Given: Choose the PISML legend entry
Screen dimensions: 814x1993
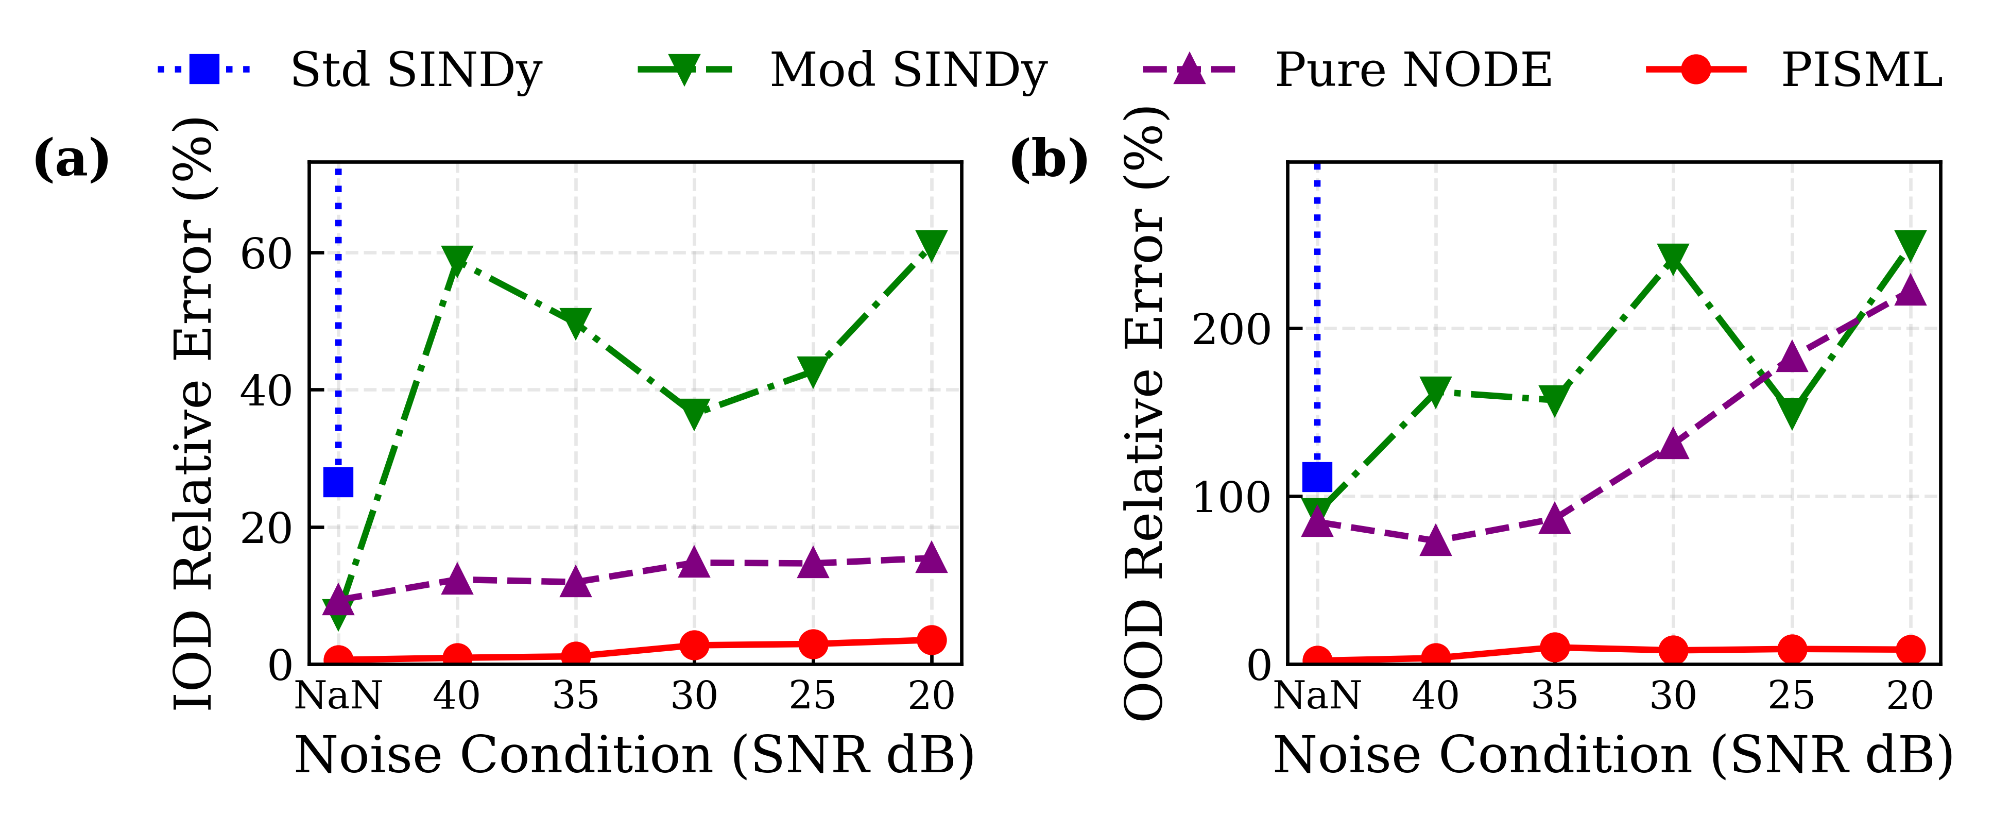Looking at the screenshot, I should point(1795,70).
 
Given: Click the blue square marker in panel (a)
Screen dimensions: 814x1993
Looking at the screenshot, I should point(338,482).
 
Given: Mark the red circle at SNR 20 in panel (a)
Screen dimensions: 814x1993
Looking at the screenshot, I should point(931,640).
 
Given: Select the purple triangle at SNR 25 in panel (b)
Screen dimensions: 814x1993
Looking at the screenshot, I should point(1791,358).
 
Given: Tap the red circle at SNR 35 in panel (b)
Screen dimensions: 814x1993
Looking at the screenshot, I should point(1554,647).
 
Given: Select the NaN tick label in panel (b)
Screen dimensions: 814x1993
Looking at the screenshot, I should point(1317,696).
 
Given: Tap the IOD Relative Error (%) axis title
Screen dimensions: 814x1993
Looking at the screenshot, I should point(194,414).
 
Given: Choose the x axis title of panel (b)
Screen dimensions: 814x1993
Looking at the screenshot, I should point(1613,754).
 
